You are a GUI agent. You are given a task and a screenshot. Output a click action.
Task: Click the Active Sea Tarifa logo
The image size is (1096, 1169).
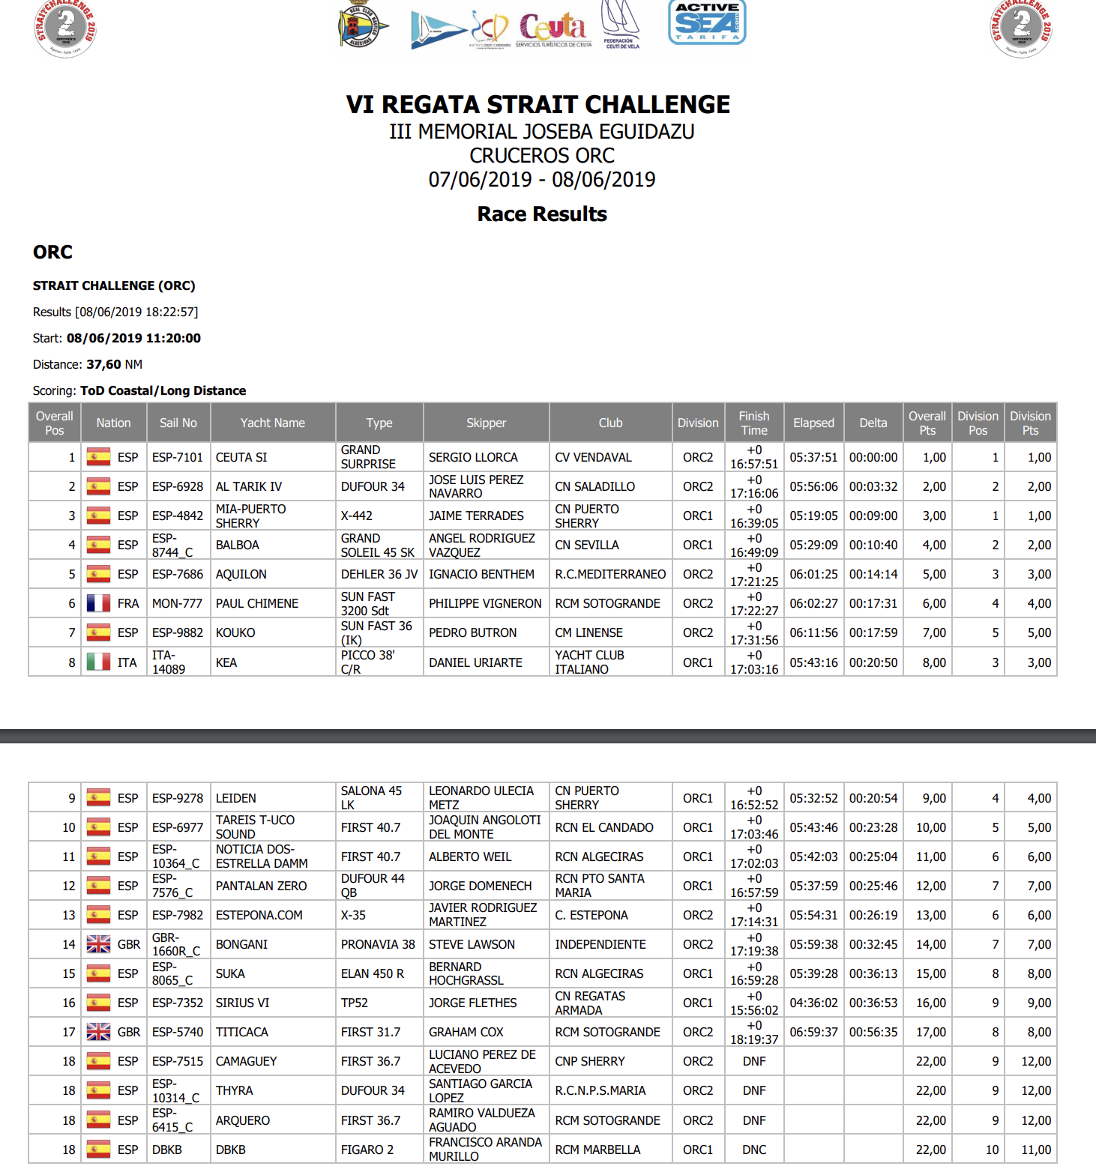point(707,22)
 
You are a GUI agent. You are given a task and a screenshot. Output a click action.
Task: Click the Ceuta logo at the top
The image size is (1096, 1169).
point(552,28)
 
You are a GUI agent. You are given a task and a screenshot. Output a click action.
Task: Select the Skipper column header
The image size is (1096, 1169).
point(486,423)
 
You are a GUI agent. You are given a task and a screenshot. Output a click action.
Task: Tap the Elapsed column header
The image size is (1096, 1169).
point(813,423)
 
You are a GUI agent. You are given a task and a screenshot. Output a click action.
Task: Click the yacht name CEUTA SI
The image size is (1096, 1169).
point(241,457)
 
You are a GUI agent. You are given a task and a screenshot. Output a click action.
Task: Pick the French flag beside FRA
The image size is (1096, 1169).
point(98,603)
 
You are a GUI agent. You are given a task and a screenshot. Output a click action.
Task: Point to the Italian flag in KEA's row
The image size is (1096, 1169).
point(98,662)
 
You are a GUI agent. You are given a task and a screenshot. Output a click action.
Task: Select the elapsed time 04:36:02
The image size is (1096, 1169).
point(813,1003)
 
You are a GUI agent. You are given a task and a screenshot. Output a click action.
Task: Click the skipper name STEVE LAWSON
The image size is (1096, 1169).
point(472,944)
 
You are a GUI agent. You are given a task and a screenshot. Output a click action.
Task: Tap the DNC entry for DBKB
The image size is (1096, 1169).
point(754,1150)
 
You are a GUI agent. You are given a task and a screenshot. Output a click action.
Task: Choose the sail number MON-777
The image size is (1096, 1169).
point(177,603)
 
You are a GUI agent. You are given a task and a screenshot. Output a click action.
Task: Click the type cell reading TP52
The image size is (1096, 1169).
point(355,1003)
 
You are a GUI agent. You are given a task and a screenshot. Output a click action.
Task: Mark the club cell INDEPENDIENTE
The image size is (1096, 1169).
point(600,944)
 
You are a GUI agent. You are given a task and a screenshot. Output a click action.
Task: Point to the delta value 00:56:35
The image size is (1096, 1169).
point(873,1032)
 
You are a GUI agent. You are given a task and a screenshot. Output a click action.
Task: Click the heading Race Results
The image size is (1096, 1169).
point(542,214)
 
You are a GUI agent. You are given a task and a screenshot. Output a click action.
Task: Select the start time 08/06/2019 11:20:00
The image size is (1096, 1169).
point(133,338)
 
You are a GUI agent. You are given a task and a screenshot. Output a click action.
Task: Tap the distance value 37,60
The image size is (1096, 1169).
point(103,364)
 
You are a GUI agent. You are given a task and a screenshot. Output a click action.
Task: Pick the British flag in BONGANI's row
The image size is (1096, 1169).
point(98,944)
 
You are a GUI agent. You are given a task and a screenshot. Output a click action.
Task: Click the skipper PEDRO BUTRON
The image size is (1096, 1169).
point(472,632)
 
